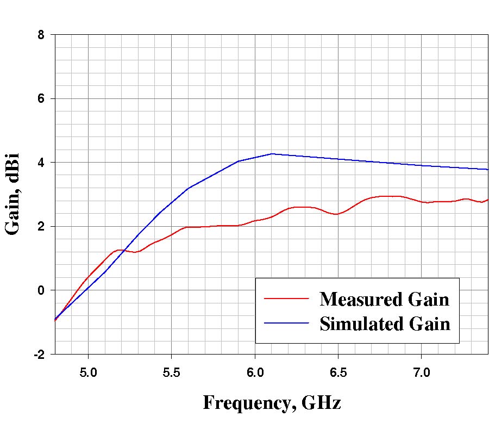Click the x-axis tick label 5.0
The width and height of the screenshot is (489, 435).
click(x=88, y=373)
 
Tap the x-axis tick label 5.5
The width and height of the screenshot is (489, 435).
click(x=171, y=373)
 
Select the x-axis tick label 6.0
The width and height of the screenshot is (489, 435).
click(x=255, y=373)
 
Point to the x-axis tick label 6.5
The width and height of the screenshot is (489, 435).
click(x=338, y=373)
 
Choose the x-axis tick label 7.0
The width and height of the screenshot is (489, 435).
click(x=422, y=373)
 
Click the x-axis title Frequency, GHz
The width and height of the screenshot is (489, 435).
click(x=272, y=403)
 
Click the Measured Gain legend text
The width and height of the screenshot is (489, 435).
click(x=384, y=299)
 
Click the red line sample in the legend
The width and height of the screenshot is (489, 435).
click(x=286, y=299)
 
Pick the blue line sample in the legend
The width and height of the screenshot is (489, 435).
click(x=286, y=323)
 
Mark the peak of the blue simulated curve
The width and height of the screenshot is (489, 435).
click(x=272, y=154)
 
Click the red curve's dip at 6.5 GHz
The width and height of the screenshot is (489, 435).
click(x=337, y=214)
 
